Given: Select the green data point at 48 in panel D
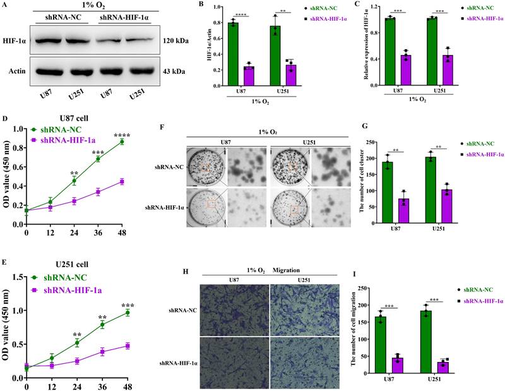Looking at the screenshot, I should pyautogui.click(x=122, y=141).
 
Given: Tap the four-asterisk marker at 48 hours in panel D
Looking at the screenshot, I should pyautogui.click(x=122, y=134).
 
